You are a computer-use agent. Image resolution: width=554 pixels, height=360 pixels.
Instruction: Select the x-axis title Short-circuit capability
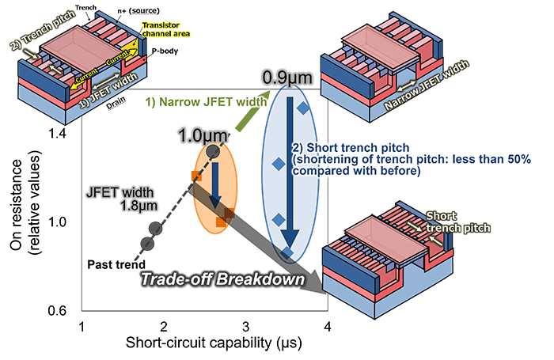tap(204, 345)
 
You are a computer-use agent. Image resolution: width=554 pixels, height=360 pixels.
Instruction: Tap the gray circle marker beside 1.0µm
tap(212, 150)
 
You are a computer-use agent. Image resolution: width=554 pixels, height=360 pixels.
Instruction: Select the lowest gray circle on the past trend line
tap(146, 244)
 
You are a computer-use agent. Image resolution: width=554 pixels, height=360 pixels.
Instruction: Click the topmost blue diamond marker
tap(305, 108)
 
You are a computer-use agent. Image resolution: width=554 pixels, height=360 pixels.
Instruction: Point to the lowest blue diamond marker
tap(288, 252)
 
